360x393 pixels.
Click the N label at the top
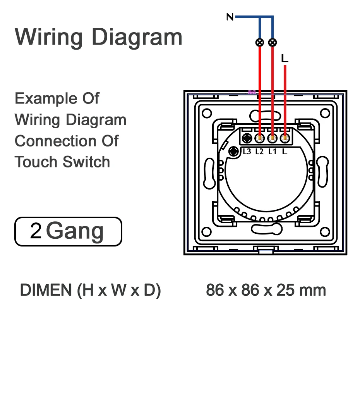click(230, 17)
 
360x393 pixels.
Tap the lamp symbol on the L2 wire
click(260, 42)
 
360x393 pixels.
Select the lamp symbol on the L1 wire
click(273, 42)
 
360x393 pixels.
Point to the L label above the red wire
click(285, 59)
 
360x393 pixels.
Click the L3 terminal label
click(247, 152)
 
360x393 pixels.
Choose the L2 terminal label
click(259, 152)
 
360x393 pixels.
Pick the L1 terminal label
click(273, 152)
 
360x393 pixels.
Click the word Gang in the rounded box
click(75, 231)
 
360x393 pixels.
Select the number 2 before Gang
click(36, 231)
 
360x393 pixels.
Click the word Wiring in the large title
click(49, 37)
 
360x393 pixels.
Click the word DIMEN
click(46, 290)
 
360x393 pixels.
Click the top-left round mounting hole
click(207, 113)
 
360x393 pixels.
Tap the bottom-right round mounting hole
click(324, 232)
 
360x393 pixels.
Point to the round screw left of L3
click(234, 152)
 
